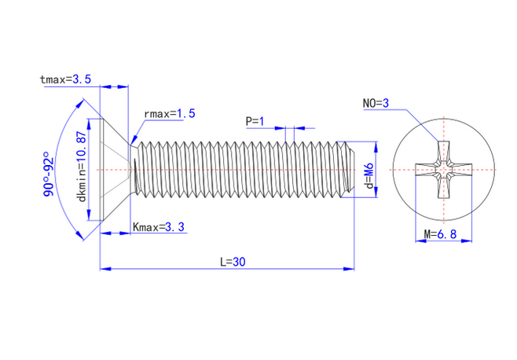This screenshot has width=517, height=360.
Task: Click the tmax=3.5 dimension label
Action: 65,79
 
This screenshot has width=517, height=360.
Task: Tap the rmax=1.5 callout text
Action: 169,114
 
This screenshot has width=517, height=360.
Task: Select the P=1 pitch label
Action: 255,122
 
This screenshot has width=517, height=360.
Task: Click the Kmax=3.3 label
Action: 159,227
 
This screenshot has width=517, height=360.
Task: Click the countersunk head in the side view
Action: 114,170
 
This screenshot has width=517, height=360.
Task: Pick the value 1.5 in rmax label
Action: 185,114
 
